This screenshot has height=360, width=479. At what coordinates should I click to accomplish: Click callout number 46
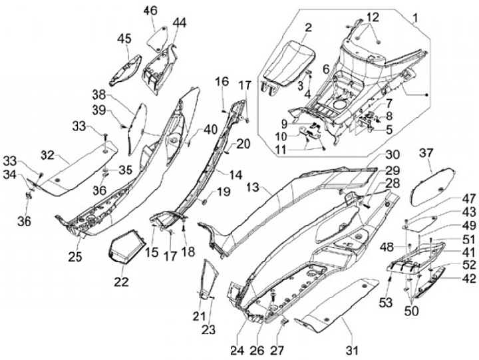[x=150, y=11]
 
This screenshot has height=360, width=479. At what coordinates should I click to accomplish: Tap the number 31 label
[x=352, y=350]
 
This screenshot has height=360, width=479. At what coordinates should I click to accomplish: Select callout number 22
[x=121, y=281]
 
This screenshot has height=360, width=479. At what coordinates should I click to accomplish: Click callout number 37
[x=426, y=153]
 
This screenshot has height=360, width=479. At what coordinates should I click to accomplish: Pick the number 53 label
[x=386, y=303]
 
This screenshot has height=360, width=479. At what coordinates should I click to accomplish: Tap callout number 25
[x=75, y=257]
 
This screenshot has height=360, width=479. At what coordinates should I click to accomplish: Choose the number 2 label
[x=308, y=27]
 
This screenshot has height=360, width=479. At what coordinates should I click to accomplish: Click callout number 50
[x=412, y=311]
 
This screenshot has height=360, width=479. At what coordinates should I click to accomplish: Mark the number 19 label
[x=224, y=192]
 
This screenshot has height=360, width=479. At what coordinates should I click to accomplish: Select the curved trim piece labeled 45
[x=126, y=71]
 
